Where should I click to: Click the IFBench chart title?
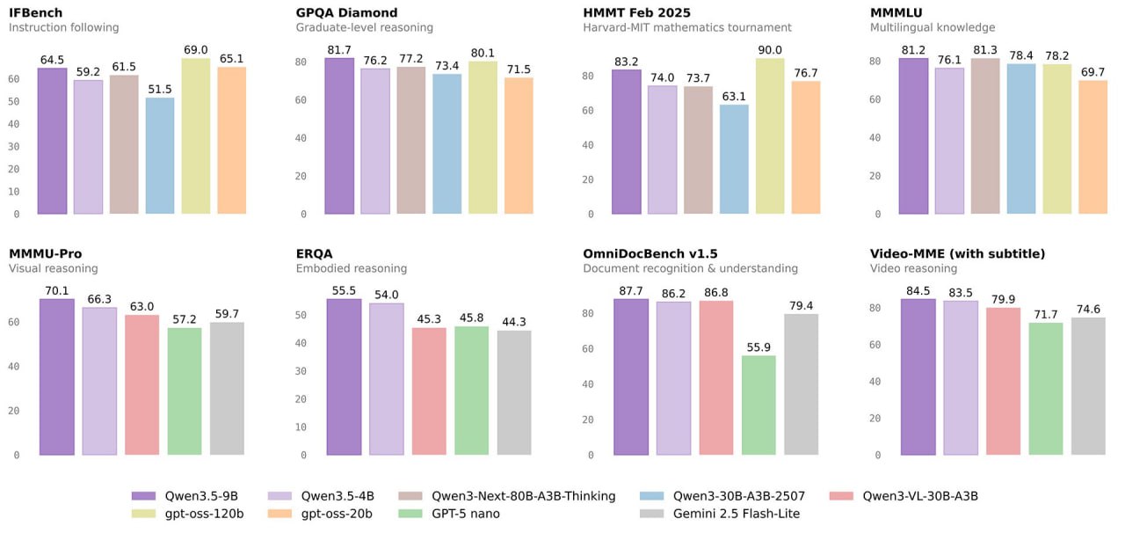[x=41, y=12]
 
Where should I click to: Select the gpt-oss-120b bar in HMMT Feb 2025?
[x=770, y=136]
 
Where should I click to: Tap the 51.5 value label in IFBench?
[x=159, y=90]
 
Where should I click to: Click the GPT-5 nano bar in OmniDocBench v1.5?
[x=758, y=405]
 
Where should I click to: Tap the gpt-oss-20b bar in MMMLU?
[x=1092, y=147]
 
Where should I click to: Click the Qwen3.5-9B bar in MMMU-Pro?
[x=57, y=377]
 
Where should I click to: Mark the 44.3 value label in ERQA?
[x=514, y=322]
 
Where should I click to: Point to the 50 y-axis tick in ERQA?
[x=302, y=315]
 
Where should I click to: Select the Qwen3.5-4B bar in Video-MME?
[x=961, y=378]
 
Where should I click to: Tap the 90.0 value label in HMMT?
[x=770, y=50]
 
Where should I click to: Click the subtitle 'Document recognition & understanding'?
[x=690, y=268]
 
